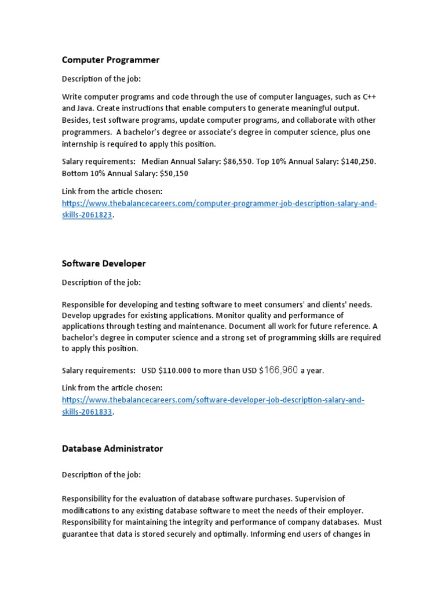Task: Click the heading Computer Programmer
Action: pyautogui.click(x=111, y=60)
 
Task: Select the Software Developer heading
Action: pyautogui.click(x=104, y=263)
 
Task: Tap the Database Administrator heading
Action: pyautogui.click(x=112, y=448)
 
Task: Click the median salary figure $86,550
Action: pyautogui.click(x=238, y=162)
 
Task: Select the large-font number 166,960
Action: pyautogui.click(x=281, y=369)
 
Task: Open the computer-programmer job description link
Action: pyautogui.click(x=220, y=204)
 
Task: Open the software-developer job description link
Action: pyautogui.click(x=213, y=400)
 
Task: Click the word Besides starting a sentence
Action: pyautogui.click(x=76, y=120)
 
